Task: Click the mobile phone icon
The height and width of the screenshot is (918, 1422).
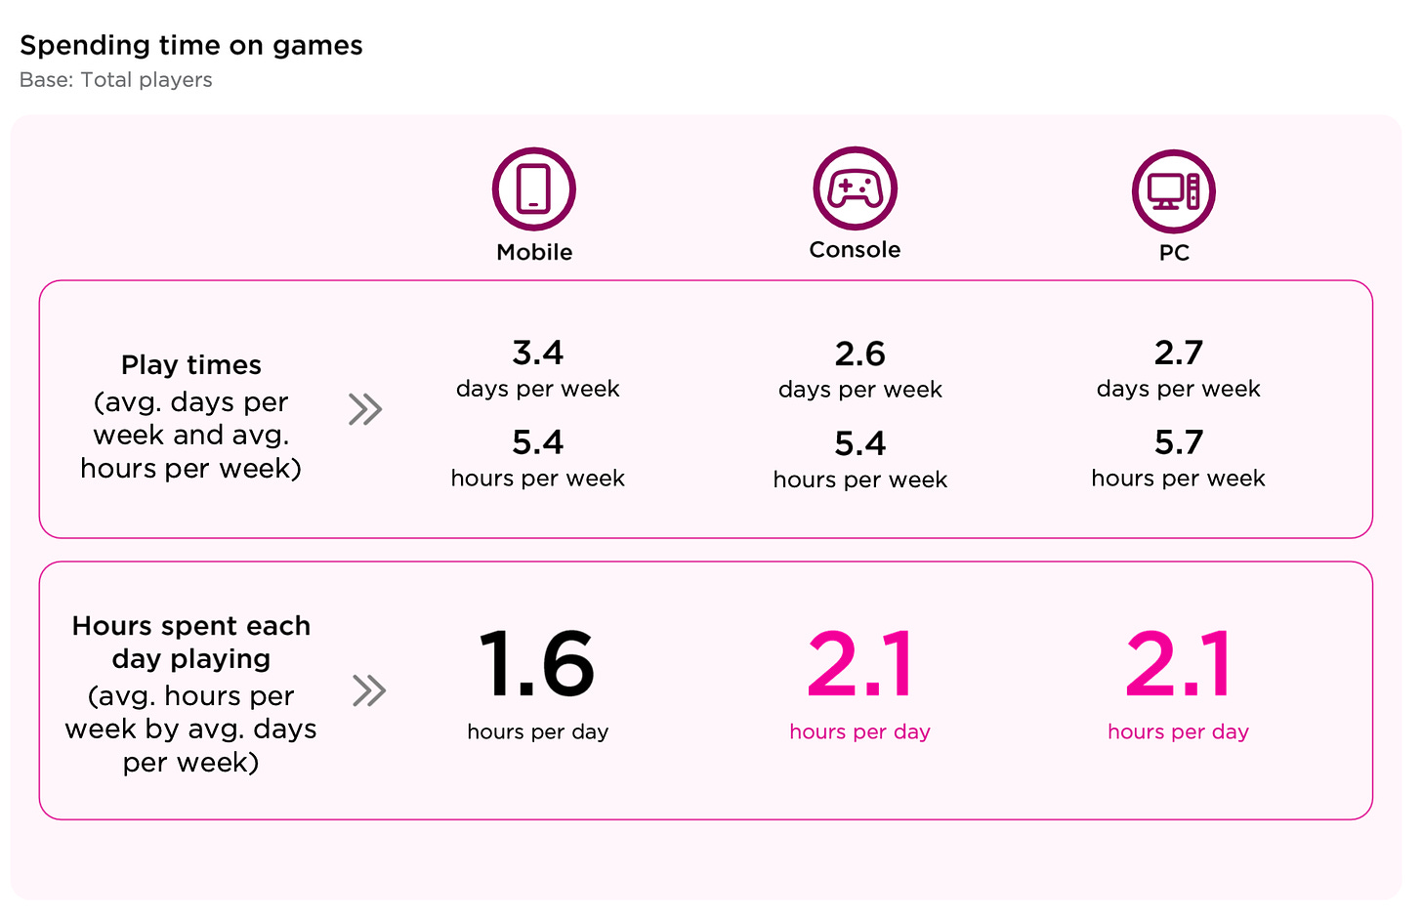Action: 533,189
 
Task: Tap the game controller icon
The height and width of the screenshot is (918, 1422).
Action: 855,188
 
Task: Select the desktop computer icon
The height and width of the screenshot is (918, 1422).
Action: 1173,191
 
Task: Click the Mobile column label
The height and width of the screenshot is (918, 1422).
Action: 534,252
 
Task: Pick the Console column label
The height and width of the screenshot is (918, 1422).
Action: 855,250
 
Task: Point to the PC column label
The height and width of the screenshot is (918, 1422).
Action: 1174,253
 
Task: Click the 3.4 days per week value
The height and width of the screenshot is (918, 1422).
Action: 537,353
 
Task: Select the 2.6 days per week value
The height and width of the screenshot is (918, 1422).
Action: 859,354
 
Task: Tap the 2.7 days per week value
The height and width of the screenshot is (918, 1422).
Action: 1178,353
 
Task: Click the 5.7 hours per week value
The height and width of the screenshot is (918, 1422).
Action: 1178,442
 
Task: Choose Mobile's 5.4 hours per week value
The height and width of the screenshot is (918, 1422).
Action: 537,442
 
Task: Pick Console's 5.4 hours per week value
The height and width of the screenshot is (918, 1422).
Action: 859,443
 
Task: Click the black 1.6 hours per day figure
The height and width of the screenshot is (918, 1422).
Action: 536,664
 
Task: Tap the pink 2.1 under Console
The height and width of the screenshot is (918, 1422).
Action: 859,664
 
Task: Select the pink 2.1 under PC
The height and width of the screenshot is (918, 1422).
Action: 1178,664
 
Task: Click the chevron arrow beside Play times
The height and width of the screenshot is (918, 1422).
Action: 365,409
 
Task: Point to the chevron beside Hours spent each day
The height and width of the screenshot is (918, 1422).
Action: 369,690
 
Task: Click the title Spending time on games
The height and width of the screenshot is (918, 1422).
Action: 191,46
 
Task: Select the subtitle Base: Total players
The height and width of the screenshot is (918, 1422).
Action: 116,80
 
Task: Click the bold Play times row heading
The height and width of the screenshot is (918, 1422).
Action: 191,365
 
